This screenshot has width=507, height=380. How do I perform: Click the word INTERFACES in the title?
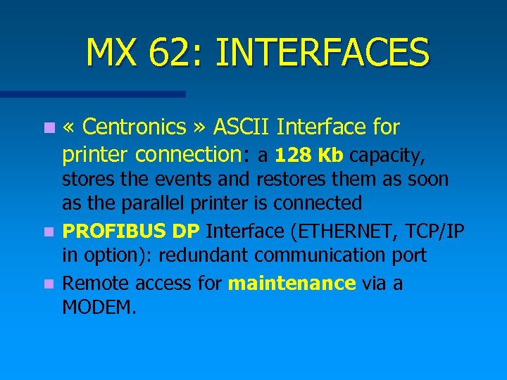tap(323, 53)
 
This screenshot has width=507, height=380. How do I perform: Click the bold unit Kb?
tap(330, 154)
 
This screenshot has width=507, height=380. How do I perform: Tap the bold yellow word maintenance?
tap(292, 283)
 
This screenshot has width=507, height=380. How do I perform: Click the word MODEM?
tap(99, 308)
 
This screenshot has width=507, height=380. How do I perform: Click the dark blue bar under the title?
tap(92, 94)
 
